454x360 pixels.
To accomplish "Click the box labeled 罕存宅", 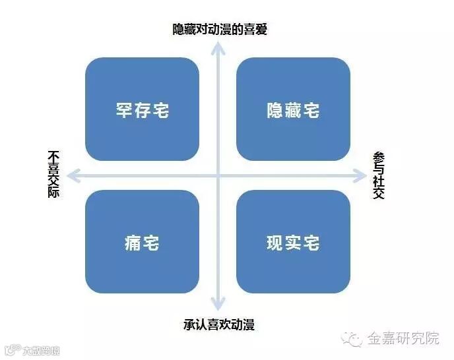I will click(x=142, y=109).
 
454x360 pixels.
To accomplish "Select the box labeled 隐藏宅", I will click(x=293, y=109).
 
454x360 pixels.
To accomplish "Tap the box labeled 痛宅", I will click(x=142, y=242).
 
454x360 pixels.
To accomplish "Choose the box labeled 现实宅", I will click(x=293, y=242).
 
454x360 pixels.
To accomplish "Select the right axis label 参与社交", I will click(x=379, y=175).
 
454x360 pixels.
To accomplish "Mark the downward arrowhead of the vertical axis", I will click(x=218, y=305).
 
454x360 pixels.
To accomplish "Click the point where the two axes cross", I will click(x=218, y=175).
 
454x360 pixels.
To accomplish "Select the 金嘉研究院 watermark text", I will click(x=403, y=339).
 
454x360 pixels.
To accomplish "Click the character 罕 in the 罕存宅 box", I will click(x=124, y=109).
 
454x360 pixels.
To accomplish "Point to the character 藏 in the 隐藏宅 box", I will click(x=293, y=109).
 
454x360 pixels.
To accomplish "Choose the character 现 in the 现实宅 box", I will click(x=275, y=242).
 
